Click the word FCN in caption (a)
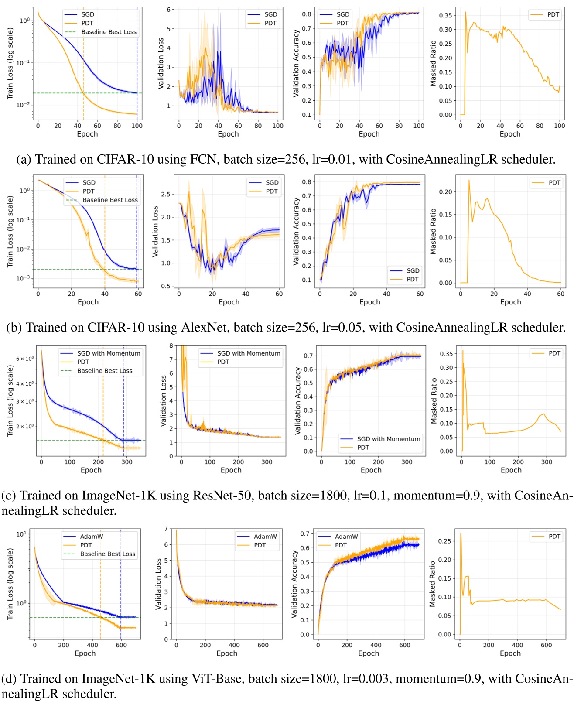(203, 159)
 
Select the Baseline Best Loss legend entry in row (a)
(109, 32)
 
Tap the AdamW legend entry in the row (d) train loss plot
(92, 537)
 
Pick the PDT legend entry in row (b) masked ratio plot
(554, 183)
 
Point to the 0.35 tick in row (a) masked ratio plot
(445, 15)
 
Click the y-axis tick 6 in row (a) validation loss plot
(168, 10)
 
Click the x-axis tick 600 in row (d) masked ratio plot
(546, 645)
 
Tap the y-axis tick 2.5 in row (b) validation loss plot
(165, 194)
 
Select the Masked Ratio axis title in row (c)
(434, 401)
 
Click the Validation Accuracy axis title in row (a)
(297, 63)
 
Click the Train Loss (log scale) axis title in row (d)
(10, 584)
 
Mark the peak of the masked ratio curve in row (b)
(469, 180)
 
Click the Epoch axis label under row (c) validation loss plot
(231, 470)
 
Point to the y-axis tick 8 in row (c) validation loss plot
(171, 345)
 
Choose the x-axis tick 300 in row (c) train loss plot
(126, 462)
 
